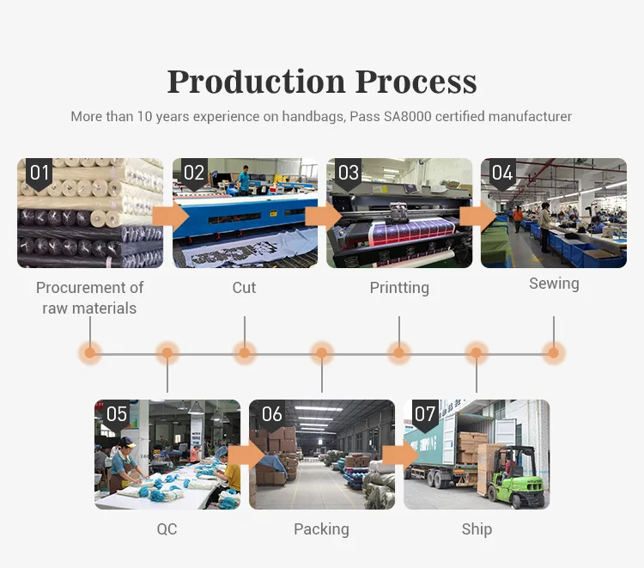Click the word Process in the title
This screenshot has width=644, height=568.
pos(416,82)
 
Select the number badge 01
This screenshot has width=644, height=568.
pos(39,173)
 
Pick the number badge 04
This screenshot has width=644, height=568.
pos(501,173)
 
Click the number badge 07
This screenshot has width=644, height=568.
pos(425,414)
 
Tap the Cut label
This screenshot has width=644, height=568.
pos(244,287)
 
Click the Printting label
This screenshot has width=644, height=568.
pos(399,287)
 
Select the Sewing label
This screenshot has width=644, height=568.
pos(554,283)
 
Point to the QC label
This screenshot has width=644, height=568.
pos(167,528)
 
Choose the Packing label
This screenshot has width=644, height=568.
pos(321,528)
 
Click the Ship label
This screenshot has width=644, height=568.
pos(477,528)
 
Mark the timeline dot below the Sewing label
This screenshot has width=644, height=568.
pos(554,351)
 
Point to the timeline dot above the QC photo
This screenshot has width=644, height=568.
pos(167,351)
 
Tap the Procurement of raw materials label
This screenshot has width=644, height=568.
pos(89,297)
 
